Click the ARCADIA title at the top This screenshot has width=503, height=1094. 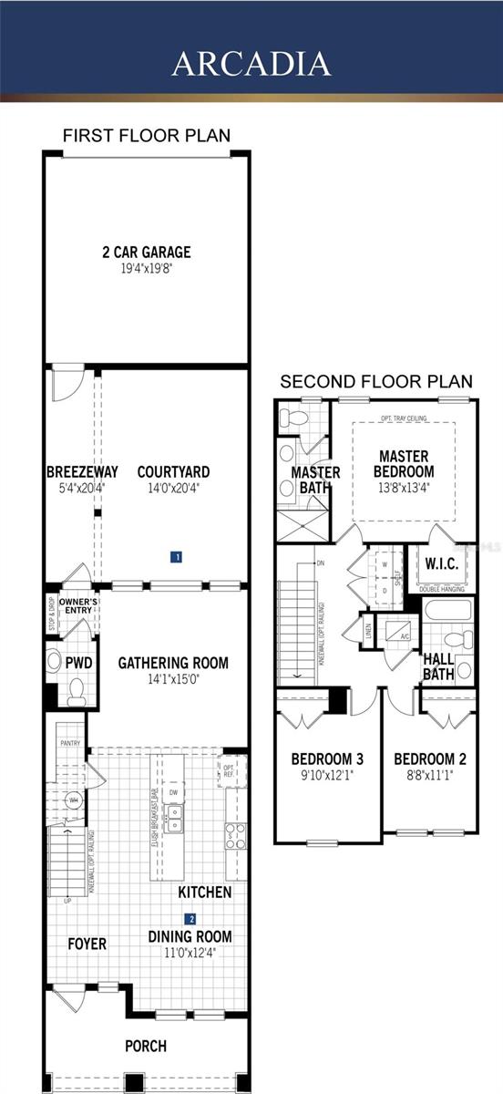point(251,63)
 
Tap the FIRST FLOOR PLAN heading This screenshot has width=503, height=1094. point(147,136)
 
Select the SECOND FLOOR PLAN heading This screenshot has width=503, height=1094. point(376,381)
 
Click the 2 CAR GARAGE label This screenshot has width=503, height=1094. point(147,252)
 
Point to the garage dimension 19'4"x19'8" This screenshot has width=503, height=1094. point(147,268)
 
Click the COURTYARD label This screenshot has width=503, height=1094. point(173,472)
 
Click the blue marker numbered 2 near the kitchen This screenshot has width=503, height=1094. point(191,918)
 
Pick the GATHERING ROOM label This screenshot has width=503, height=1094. point(173,663)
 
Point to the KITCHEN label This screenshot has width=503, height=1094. point(204,892)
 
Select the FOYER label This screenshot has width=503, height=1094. point(87,944)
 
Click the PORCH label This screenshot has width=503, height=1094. point(146,1046)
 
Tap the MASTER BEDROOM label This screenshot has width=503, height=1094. point(403,463)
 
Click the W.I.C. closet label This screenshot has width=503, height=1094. point(442,563)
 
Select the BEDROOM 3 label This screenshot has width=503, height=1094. point(327,759)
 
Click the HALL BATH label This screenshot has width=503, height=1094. point(439,666)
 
